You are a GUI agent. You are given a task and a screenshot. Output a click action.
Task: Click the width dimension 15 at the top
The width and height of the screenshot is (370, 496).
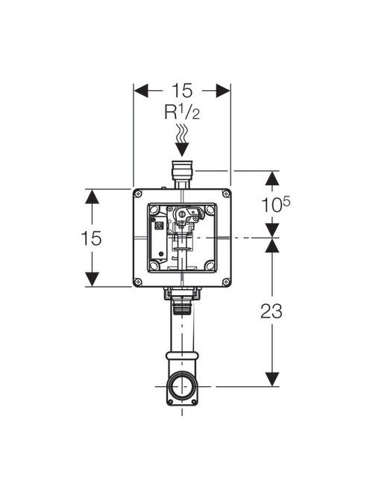pyautogui.click(x=182, y=91)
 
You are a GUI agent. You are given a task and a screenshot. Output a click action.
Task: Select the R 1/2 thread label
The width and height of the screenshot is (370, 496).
pyautogui.click(x=182, y=112)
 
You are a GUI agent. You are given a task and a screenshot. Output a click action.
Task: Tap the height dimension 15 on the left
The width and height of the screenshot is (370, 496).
pyautogui.click(x=91, y=238)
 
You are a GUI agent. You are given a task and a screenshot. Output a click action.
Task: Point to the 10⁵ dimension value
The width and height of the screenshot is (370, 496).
pyautogui.click(x=275, y=204)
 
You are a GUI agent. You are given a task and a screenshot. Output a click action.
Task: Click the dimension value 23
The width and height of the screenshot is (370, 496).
pyautogui.click(x=272, y=311)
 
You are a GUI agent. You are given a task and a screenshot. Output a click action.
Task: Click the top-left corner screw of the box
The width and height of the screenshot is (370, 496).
pyautogui.click(x=138, y=193)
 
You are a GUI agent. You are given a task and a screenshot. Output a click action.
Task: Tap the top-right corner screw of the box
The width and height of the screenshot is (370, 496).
pyautogui.click(x=226, y=193)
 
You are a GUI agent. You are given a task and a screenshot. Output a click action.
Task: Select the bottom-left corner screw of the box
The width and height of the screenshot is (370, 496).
pyautogui.click(x=138, y=282)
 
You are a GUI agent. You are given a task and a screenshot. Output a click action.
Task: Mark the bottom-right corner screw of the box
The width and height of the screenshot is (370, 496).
pyautogui.click(x=226, y=282)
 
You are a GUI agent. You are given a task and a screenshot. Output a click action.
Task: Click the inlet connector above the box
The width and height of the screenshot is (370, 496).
pyautogui.click(x=182, y=175)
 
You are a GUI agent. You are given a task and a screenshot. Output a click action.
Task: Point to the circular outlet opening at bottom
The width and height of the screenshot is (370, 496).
pyautogui.click(x=182, y=386)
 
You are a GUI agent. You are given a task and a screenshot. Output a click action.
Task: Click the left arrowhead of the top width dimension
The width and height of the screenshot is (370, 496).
pyautogui.click(x=141, y=91)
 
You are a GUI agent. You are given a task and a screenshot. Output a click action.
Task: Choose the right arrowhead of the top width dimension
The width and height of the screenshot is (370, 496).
pyautogui.click(x=223, y=91)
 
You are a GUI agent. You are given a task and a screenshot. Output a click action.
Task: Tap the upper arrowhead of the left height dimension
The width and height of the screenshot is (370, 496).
pyautogui.click(x=92, y=196)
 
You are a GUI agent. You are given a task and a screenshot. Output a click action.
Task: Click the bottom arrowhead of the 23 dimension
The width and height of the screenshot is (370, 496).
pyautogui.click(x=272, y=379)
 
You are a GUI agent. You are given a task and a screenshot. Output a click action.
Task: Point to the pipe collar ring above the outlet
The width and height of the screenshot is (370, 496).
pyautogui.click(x=182, y=356)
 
